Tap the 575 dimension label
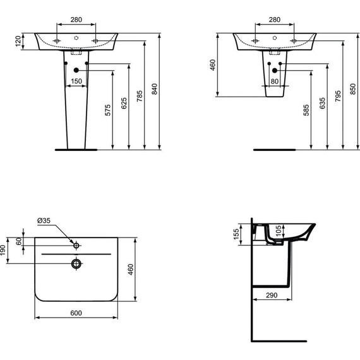pos(108,109)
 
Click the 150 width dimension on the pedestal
pos(76,81)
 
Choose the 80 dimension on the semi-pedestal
pos(273,81)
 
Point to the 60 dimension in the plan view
pos(19,240)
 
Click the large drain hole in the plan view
pos(76,263)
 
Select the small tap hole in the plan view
pos(76,244)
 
